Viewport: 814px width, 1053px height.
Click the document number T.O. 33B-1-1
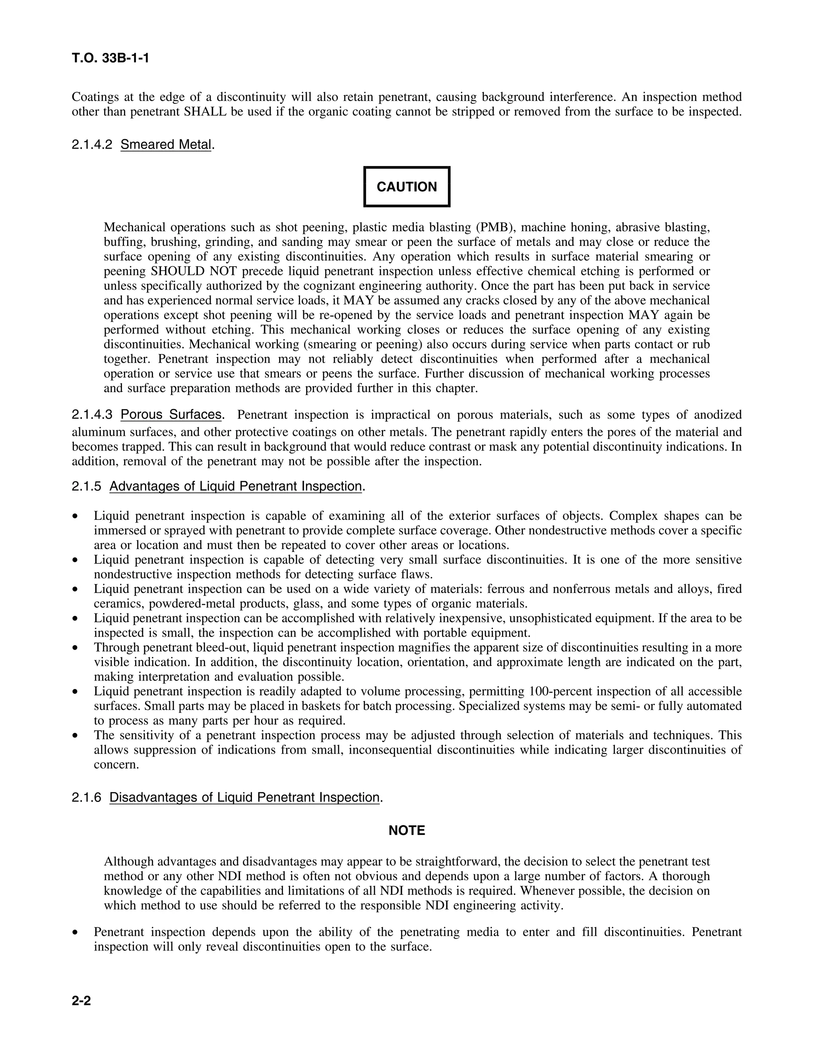[x=110, y=58]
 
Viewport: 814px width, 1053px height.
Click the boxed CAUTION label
[x=407, y=187]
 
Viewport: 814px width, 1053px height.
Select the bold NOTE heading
[x=407, y=830]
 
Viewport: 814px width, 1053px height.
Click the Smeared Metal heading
[x=166, y=144]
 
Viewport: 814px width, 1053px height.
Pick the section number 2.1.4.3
[x=92, y=414]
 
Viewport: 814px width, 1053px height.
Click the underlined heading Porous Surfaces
[x=171, y=414]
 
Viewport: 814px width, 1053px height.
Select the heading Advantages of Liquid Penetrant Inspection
[x=235, y=486]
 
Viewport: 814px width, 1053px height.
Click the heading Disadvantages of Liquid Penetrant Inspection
[x=244, y=797]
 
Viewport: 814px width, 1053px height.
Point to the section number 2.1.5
[x=86, y=486]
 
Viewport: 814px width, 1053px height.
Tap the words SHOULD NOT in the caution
[x=194, y=271]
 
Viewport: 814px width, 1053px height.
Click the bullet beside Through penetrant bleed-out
[x=75, y=648]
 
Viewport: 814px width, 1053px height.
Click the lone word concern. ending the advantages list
[x=116, y=765]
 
